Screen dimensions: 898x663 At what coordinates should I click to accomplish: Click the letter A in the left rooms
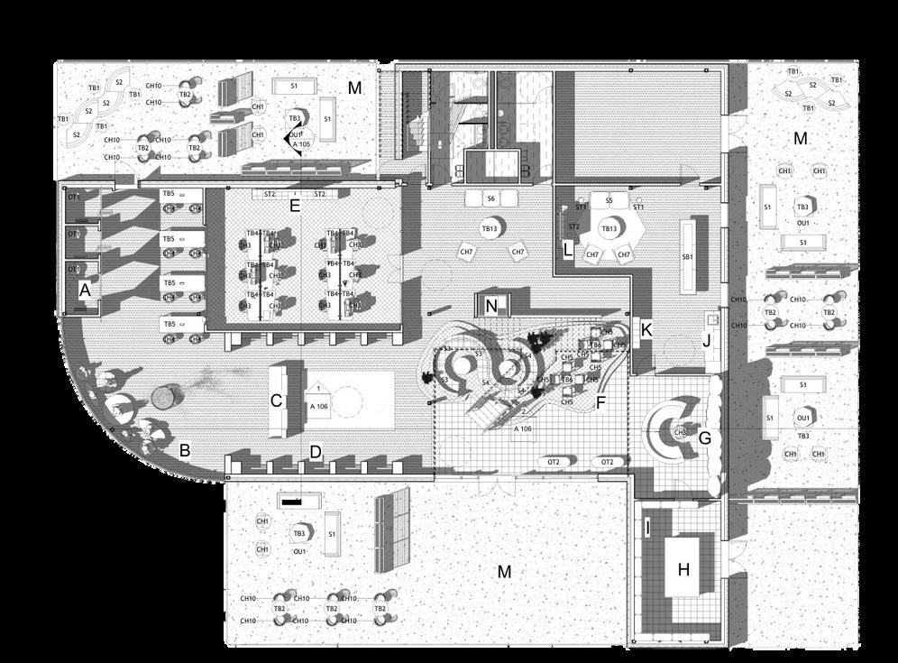pyautogui.click(x=86, y=290)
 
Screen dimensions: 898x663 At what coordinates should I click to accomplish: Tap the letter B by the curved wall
pyautogui.click(x=184, y=449)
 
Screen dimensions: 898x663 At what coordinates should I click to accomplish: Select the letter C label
pyautogui.click(x=277, y=400)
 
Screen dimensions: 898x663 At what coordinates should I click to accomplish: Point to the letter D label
pyautogui.click(x=316, y=452)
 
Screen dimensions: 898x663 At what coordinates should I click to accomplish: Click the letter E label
pyautogui.click(x=294, y=206)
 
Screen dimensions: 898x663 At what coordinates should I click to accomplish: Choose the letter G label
pyautogui.click(x=705, y=439)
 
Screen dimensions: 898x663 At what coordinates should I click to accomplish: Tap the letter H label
pyautogui.click(x=683, y=569)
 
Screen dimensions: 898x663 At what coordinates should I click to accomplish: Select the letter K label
pyautogui.click(x=646, y=331)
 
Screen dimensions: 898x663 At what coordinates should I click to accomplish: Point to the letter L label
pyautogui.click(x=567, y=248)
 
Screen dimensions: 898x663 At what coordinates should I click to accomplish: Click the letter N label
pyautogui.click(x=491, y=306)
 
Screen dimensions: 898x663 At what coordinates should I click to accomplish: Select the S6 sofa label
pyautogui.click(x=490, y=198)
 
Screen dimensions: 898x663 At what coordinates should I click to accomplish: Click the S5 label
pyautogui.click(x=609, y=199)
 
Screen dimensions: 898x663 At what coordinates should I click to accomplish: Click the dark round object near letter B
pyautogui.click(x=163, y=397)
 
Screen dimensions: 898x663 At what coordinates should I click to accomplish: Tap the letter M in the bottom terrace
pyautogui.click(x=505, y=571)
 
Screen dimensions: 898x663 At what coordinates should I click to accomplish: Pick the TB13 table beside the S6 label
pyautogui.click(x=490, y=229)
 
